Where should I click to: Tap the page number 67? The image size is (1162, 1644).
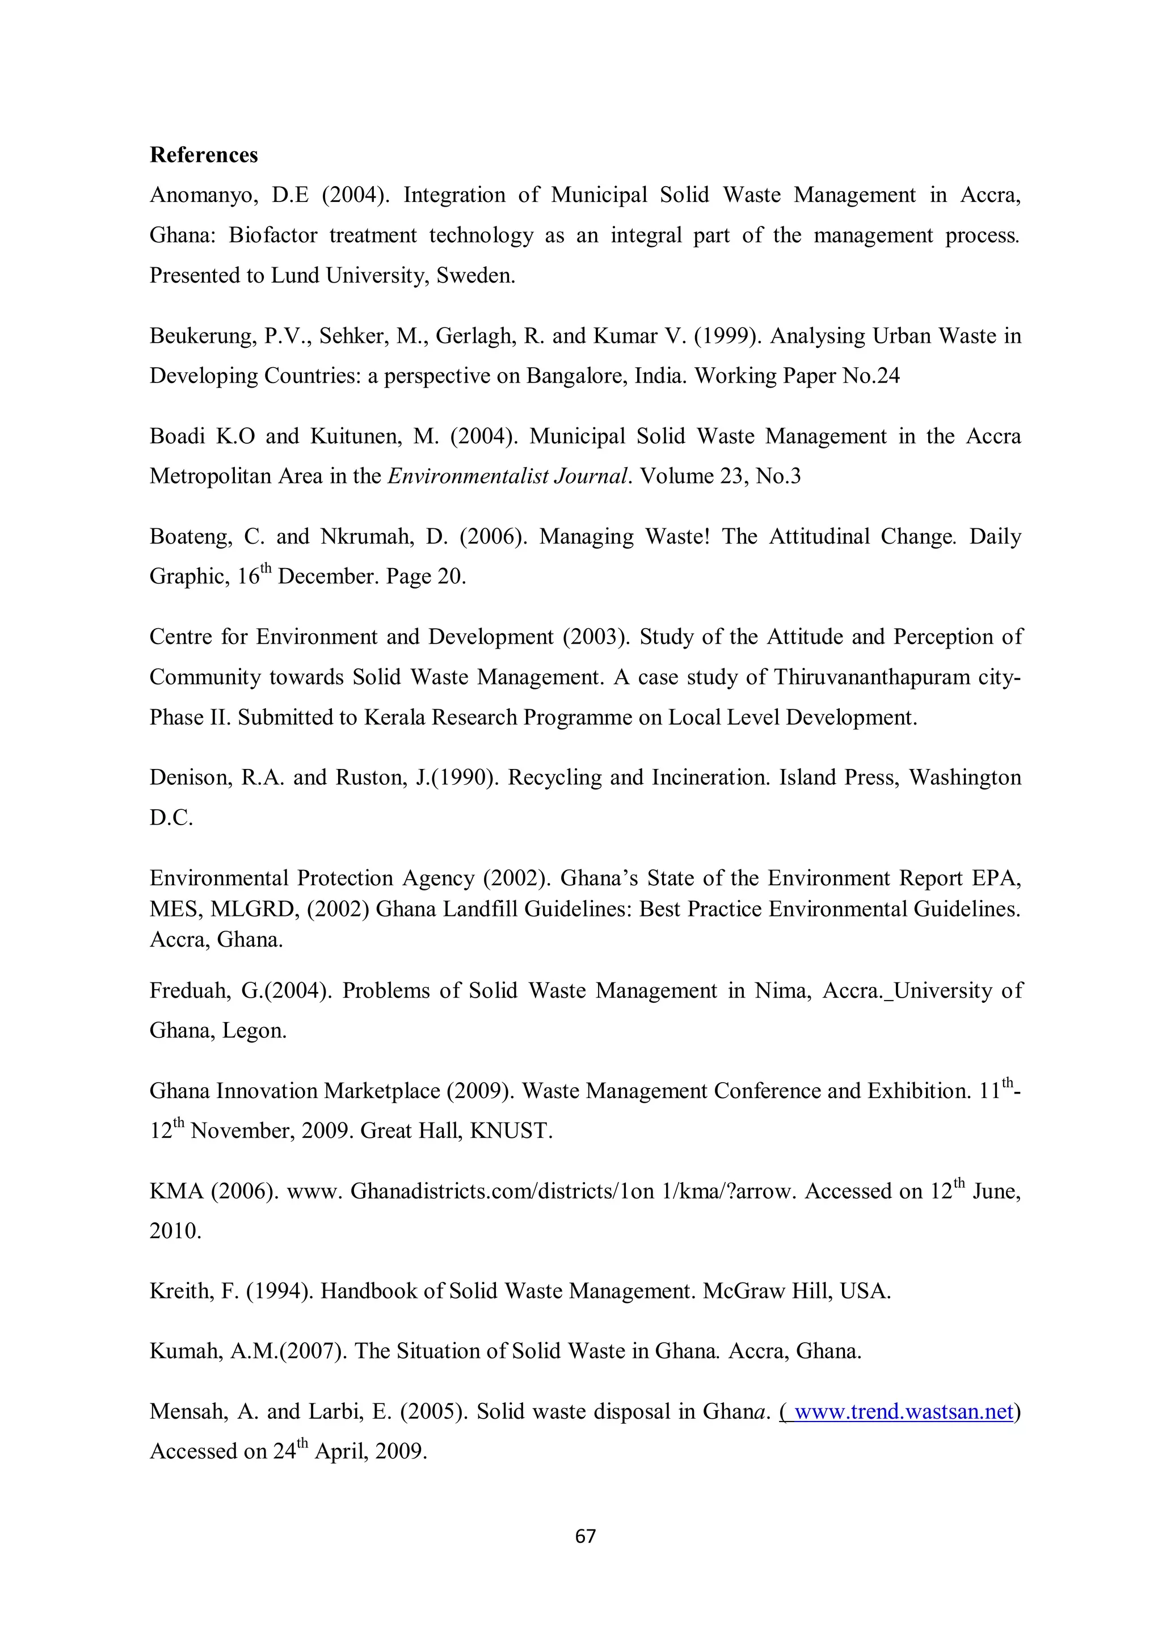585,1536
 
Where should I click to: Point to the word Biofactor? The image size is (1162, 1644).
273,236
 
